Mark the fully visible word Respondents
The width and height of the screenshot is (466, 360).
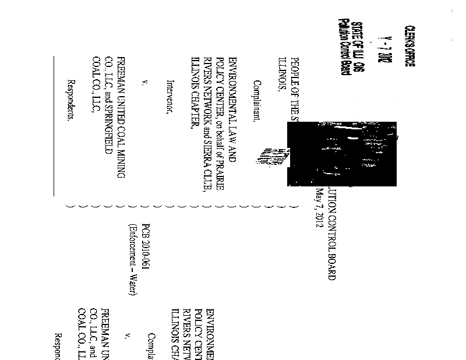[x=72, y=99]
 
